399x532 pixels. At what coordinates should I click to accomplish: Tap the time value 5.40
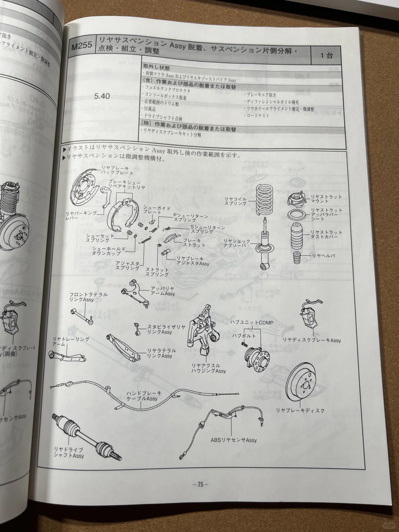(x=102, y=96)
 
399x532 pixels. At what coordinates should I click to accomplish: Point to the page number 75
(x=200, y=484)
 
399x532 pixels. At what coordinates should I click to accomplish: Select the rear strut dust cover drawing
(x=297, y=236)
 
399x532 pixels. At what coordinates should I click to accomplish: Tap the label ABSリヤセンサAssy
(x=233, y=440)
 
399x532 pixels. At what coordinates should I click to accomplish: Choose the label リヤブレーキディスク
(x=300, y=410)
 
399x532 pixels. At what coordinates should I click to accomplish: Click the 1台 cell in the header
(x=327, y=56)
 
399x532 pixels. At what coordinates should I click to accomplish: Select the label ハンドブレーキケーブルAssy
(x=142, y=396)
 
